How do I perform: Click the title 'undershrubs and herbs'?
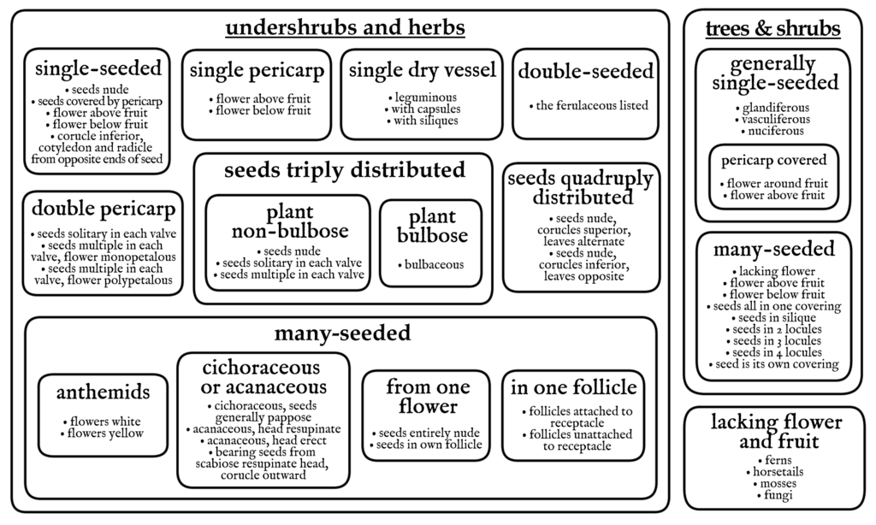click(x=346, y=27)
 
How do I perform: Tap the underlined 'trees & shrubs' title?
click(x=772, y=28)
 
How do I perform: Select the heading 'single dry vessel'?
click(x=423, y=70)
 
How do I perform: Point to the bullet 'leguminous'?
click(x=423, y=97)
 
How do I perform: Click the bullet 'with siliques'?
click(x=423, y=121)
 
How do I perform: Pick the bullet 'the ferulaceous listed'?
click(x=589, y=105)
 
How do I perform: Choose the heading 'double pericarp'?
click(x=104, y=209)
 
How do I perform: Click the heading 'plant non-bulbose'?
click(x=290, y=221)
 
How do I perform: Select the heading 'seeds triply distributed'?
click(x=345, y=170)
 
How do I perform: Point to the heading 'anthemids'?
click(x=104, y=392)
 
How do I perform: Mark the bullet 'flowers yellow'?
click(x=103, y=434)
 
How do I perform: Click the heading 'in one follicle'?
click(x=574, y=387)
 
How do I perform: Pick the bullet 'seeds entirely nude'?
click(x=426, y=433)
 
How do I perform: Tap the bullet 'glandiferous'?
click(x=772, y=108)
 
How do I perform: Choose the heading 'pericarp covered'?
click(x=773, y=160)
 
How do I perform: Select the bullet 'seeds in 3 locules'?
click(x=773, y=340)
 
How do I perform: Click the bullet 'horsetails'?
click(x=775, y=472)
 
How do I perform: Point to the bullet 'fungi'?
click(x=775, y=495)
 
